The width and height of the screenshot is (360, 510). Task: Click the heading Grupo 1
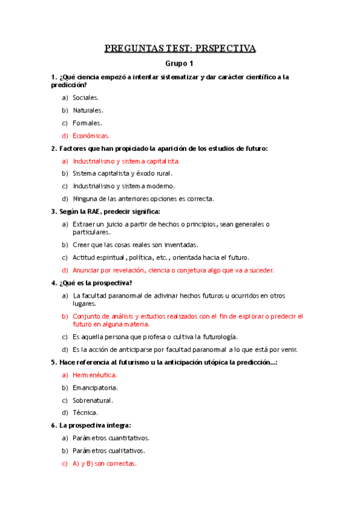tap(180, 63)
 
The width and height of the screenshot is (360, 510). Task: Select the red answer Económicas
tap(95, 135)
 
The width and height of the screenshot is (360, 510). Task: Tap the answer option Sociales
tap(86, 97)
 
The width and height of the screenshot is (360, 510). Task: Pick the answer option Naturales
tap(88, 110)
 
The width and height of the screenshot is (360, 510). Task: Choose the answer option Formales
tap(87, 123)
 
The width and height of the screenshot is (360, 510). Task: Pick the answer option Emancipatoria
tap(95, 388)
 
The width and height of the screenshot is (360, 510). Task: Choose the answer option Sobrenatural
tap(93, 400)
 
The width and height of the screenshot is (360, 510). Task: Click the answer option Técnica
tap(85, 413)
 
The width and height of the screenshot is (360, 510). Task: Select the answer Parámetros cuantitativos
tap(111, 438)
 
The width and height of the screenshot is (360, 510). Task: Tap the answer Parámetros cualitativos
tap(109, 450)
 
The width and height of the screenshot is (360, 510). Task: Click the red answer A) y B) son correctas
tap(105, 464)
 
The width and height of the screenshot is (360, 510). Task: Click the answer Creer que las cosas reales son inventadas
tap(135, 245)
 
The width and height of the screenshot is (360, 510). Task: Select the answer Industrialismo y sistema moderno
tap(124, 186)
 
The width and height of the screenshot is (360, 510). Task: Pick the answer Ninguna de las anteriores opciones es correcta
tap(143, 198)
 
